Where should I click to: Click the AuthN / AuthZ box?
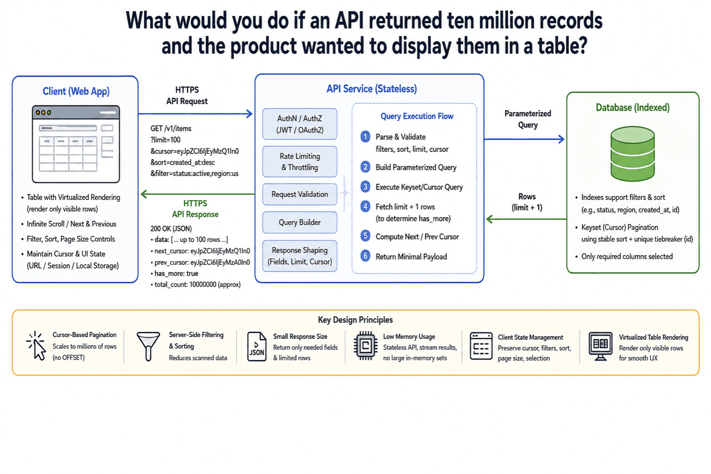point(299,124)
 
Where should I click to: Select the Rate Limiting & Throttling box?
point(299,162)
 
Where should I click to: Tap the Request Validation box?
point(299,194)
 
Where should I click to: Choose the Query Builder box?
point(299,222)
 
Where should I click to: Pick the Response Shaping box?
point(299,256)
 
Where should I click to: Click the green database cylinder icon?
point(633,154)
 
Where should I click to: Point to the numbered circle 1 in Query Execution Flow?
point(365,137)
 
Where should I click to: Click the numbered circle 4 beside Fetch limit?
point(365,206)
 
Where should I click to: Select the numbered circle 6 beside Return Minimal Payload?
point(365,256)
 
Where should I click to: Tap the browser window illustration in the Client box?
point(76,144)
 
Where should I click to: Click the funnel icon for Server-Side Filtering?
point(148,346)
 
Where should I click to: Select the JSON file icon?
point(256,346)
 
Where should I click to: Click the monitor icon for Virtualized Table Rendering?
point(600,346)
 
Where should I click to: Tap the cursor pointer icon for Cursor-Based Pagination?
point(36,346)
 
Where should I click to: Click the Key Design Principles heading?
point(355,320)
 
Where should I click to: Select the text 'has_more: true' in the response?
point(176,274)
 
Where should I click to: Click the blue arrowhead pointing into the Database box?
point(561,139)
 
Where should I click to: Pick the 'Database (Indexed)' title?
point(633,108)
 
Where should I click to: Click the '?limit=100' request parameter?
point(165,140)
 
